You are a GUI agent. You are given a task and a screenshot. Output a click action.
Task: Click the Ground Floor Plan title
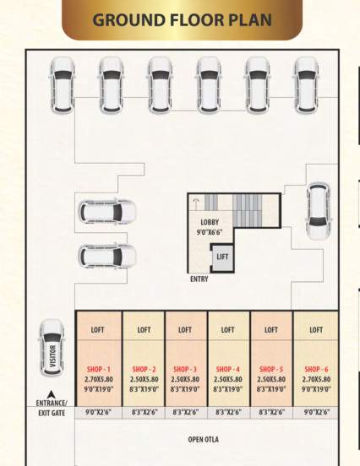[x=182, y=19]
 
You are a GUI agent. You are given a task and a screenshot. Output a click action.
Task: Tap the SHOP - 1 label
[x=98, y=370]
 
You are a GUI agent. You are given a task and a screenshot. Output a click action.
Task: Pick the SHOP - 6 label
[x=316, y=370]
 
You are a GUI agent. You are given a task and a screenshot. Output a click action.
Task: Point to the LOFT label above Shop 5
[x=271, y=330]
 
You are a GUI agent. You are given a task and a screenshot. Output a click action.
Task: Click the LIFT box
[x=222, y=257]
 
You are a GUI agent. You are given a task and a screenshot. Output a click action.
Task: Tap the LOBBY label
[x=210, y=222]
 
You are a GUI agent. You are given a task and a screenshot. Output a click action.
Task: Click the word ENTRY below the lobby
[x=199, y=279]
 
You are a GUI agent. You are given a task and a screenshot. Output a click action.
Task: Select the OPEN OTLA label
[x=203, y=440]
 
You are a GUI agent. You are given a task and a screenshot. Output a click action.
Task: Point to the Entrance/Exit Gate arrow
[x=52, y=393]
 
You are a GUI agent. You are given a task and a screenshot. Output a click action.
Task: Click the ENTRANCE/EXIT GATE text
[x=52, y=408]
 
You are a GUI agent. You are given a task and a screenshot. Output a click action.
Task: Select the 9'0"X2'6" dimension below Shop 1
[x=99, y=412]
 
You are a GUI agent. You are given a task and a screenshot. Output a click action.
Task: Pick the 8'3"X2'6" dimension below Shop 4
[x=228, y=412]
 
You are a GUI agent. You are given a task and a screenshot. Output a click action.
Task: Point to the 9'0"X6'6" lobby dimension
[x=210, y=231]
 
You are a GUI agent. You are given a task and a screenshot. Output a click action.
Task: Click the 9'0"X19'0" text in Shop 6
[x=316, y=389]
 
